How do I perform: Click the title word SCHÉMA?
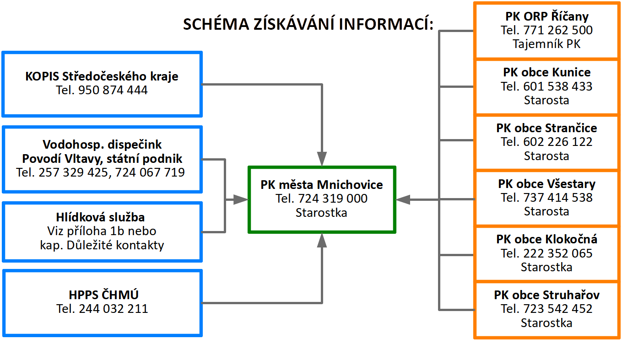216,24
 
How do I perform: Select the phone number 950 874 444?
113,90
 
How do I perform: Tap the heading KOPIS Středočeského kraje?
102,76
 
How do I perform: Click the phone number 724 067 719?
150,172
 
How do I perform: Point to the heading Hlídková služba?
101,217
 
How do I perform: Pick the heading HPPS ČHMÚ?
103,295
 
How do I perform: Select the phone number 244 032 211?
114,309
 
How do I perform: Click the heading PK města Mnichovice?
322,185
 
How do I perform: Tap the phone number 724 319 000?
333,199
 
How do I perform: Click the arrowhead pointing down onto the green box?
322,159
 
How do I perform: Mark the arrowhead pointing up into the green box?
322,240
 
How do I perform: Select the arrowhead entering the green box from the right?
403,199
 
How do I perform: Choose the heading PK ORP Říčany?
547,16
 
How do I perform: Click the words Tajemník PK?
546,44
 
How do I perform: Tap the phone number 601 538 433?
558,86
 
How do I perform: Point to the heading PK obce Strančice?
547,128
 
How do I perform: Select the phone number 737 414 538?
558,198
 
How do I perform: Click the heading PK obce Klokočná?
547,239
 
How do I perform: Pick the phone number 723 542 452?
558,309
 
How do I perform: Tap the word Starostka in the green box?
321,213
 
